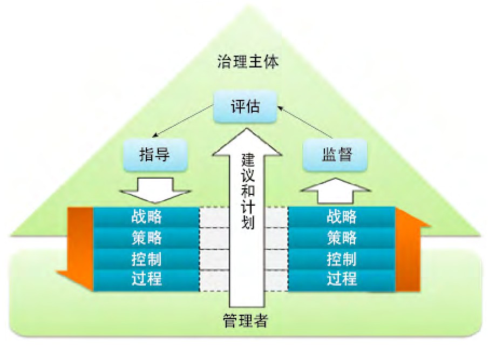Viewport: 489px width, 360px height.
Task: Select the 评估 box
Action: tap(244, 106)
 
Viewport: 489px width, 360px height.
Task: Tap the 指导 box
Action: tap(154, 155)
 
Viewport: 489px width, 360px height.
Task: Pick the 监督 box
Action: tap(335, 155)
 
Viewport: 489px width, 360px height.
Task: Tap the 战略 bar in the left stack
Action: tap(146, 216)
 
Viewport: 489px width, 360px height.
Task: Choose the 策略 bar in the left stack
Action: tap(146, 237)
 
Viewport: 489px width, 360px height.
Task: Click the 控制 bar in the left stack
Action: tap(146, 259)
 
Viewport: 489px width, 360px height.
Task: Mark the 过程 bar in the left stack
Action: tap(146, 279)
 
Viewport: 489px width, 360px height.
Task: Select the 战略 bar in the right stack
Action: tap(342, 216)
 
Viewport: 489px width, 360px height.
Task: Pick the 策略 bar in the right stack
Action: tap(342, 237)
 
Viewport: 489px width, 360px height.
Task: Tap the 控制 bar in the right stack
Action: tap(342, 259)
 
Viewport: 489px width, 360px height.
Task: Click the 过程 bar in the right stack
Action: tap(342, 279)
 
